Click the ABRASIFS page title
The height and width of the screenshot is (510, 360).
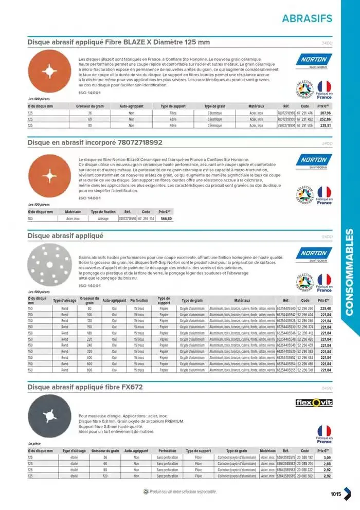[307, 18]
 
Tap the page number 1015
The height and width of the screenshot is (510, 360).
[335, 494]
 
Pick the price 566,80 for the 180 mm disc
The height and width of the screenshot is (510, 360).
[166, 218]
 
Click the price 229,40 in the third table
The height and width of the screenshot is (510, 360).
[325, 308]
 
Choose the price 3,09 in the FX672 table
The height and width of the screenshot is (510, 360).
[327, 457]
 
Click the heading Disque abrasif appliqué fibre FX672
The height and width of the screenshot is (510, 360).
[85, 387]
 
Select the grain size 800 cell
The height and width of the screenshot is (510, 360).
[89, 370]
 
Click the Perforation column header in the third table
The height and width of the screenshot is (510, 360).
[139, 300]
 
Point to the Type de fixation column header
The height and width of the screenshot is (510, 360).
[103, 211]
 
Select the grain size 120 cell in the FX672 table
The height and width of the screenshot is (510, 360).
[105, 476]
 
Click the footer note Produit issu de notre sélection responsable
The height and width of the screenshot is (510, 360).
[179, 491]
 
